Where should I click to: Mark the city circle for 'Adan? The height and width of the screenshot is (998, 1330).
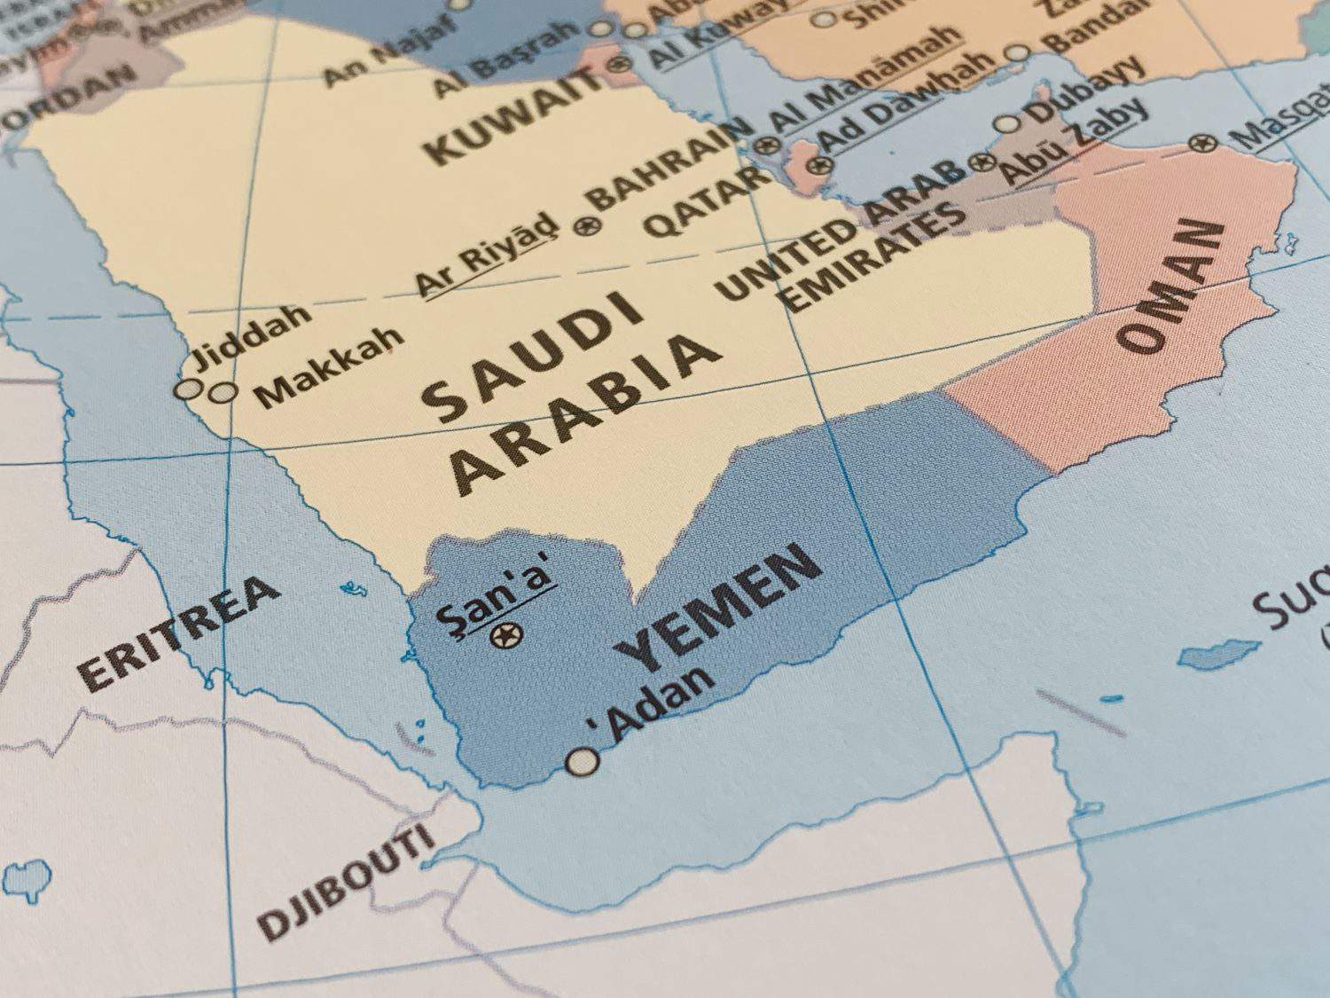583,761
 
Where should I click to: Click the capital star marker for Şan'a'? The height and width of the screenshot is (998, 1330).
507,634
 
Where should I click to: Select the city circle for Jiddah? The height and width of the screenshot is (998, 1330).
187,389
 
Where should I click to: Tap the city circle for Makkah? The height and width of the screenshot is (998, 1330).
223,391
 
